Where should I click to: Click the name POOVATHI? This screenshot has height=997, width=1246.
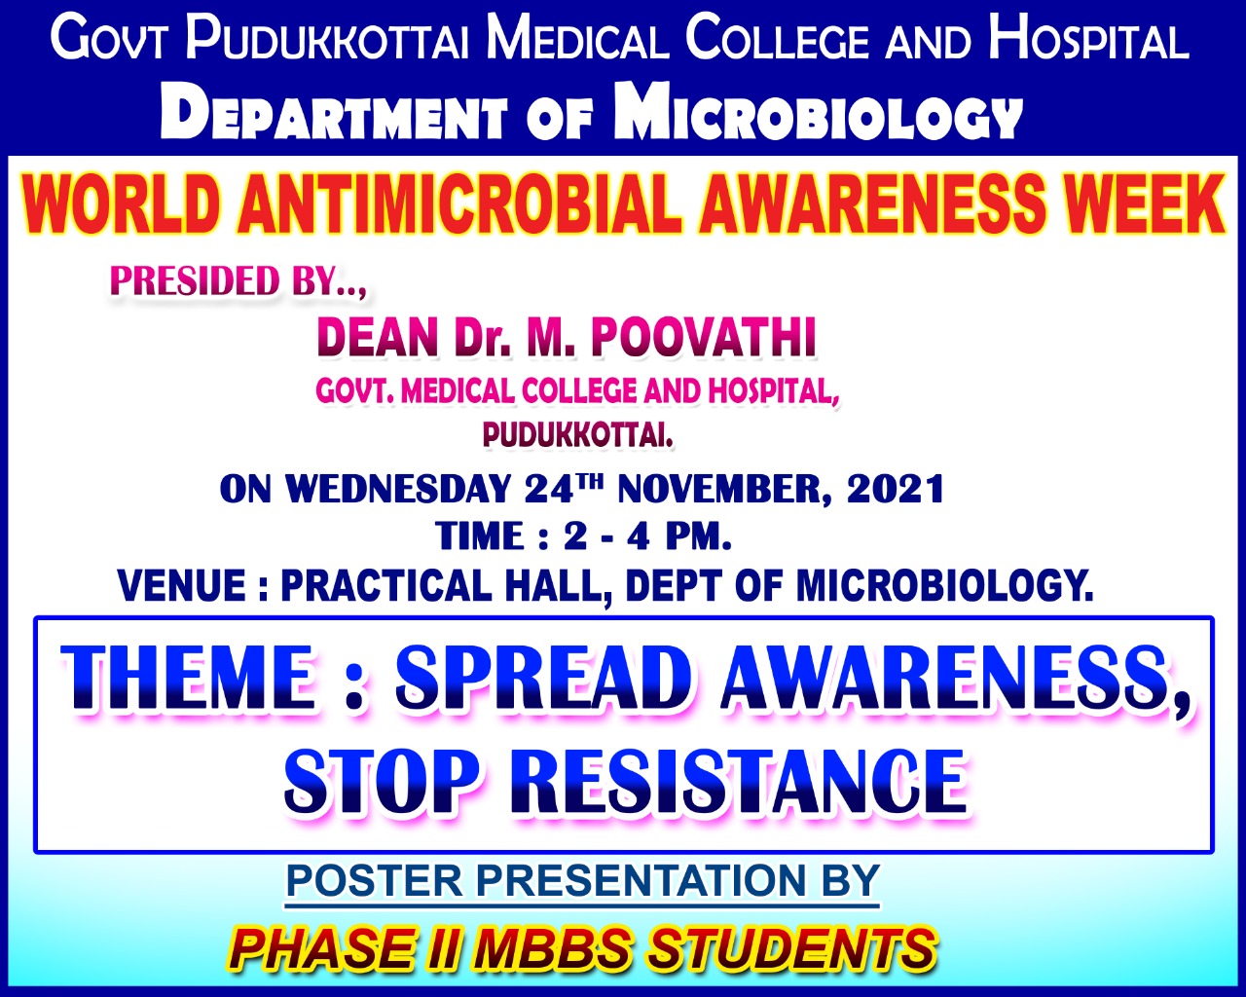click(704, 338)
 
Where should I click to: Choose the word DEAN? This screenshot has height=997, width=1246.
click(377, 338)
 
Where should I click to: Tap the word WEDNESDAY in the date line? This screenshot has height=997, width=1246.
click(398, 490)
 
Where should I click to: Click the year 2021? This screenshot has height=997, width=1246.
click(897, 490)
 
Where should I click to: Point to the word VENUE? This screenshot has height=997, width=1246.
click(182, 586)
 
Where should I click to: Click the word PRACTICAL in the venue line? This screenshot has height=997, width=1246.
click(386, 586)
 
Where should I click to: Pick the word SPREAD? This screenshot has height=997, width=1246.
click(545, 678)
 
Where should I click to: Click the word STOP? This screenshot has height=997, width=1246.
click(383, 782)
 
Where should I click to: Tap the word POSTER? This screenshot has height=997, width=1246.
click(375, 881)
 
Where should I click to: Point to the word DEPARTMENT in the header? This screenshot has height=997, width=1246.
click(334, 114)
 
